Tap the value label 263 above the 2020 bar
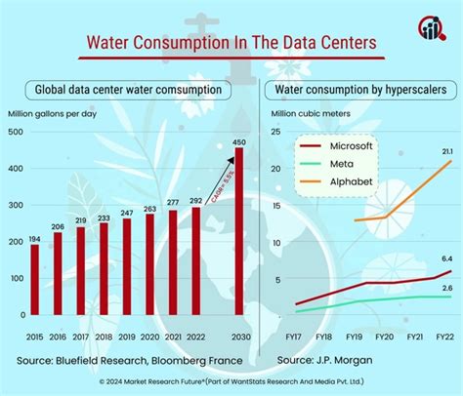[x=149, y=207]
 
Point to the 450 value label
[x=239, y=142]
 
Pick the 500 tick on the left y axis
[x=17, y=132]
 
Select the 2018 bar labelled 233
[x=103, y=270]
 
